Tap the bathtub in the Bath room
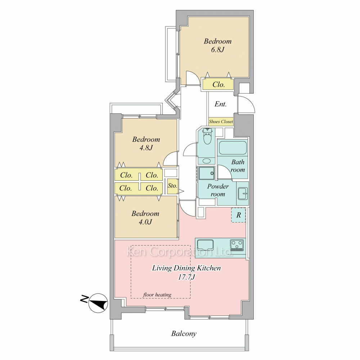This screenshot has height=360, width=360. pyautogui.click(x=233, y=148)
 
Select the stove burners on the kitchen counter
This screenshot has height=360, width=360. pyautogui.click(x=237, y=245)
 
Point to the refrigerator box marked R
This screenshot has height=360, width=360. pyautogui.click(x=239, y=215)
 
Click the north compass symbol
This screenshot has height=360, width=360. pyautogui.click(x=98, y=303)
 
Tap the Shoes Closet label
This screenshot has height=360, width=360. pyautogui.click(x=221, y=122)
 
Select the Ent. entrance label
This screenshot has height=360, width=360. pyautogui.click(x=220, y=104)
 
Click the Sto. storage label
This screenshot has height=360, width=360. pyautogui.click(x=172, y=185)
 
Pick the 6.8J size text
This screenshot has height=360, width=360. pyautogui.click(x=217, y=50)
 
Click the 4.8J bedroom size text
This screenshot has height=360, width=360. pyautogui.click(x=146, y=148)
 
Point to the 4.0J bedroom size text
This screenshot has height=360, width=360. pyautogui.click(x=145, y=222)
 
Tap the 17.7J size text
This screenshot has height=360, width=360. pyautogui.click(x=186, y=277)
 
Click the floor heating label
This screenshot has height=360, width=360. pyautogui.click(x=157, y=294)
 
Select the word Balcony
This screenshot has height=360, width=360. pyautogui.click(x=184, y=334)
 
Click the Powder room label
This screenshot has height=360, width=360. pyautogui.click(x=218, y=190)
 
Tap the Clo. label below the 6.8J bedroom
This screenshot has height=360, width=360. pyautogui.click(x=219, y=85)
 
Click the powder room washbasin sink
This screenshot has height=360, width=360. pyautogui.click(x=242, y=193)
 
